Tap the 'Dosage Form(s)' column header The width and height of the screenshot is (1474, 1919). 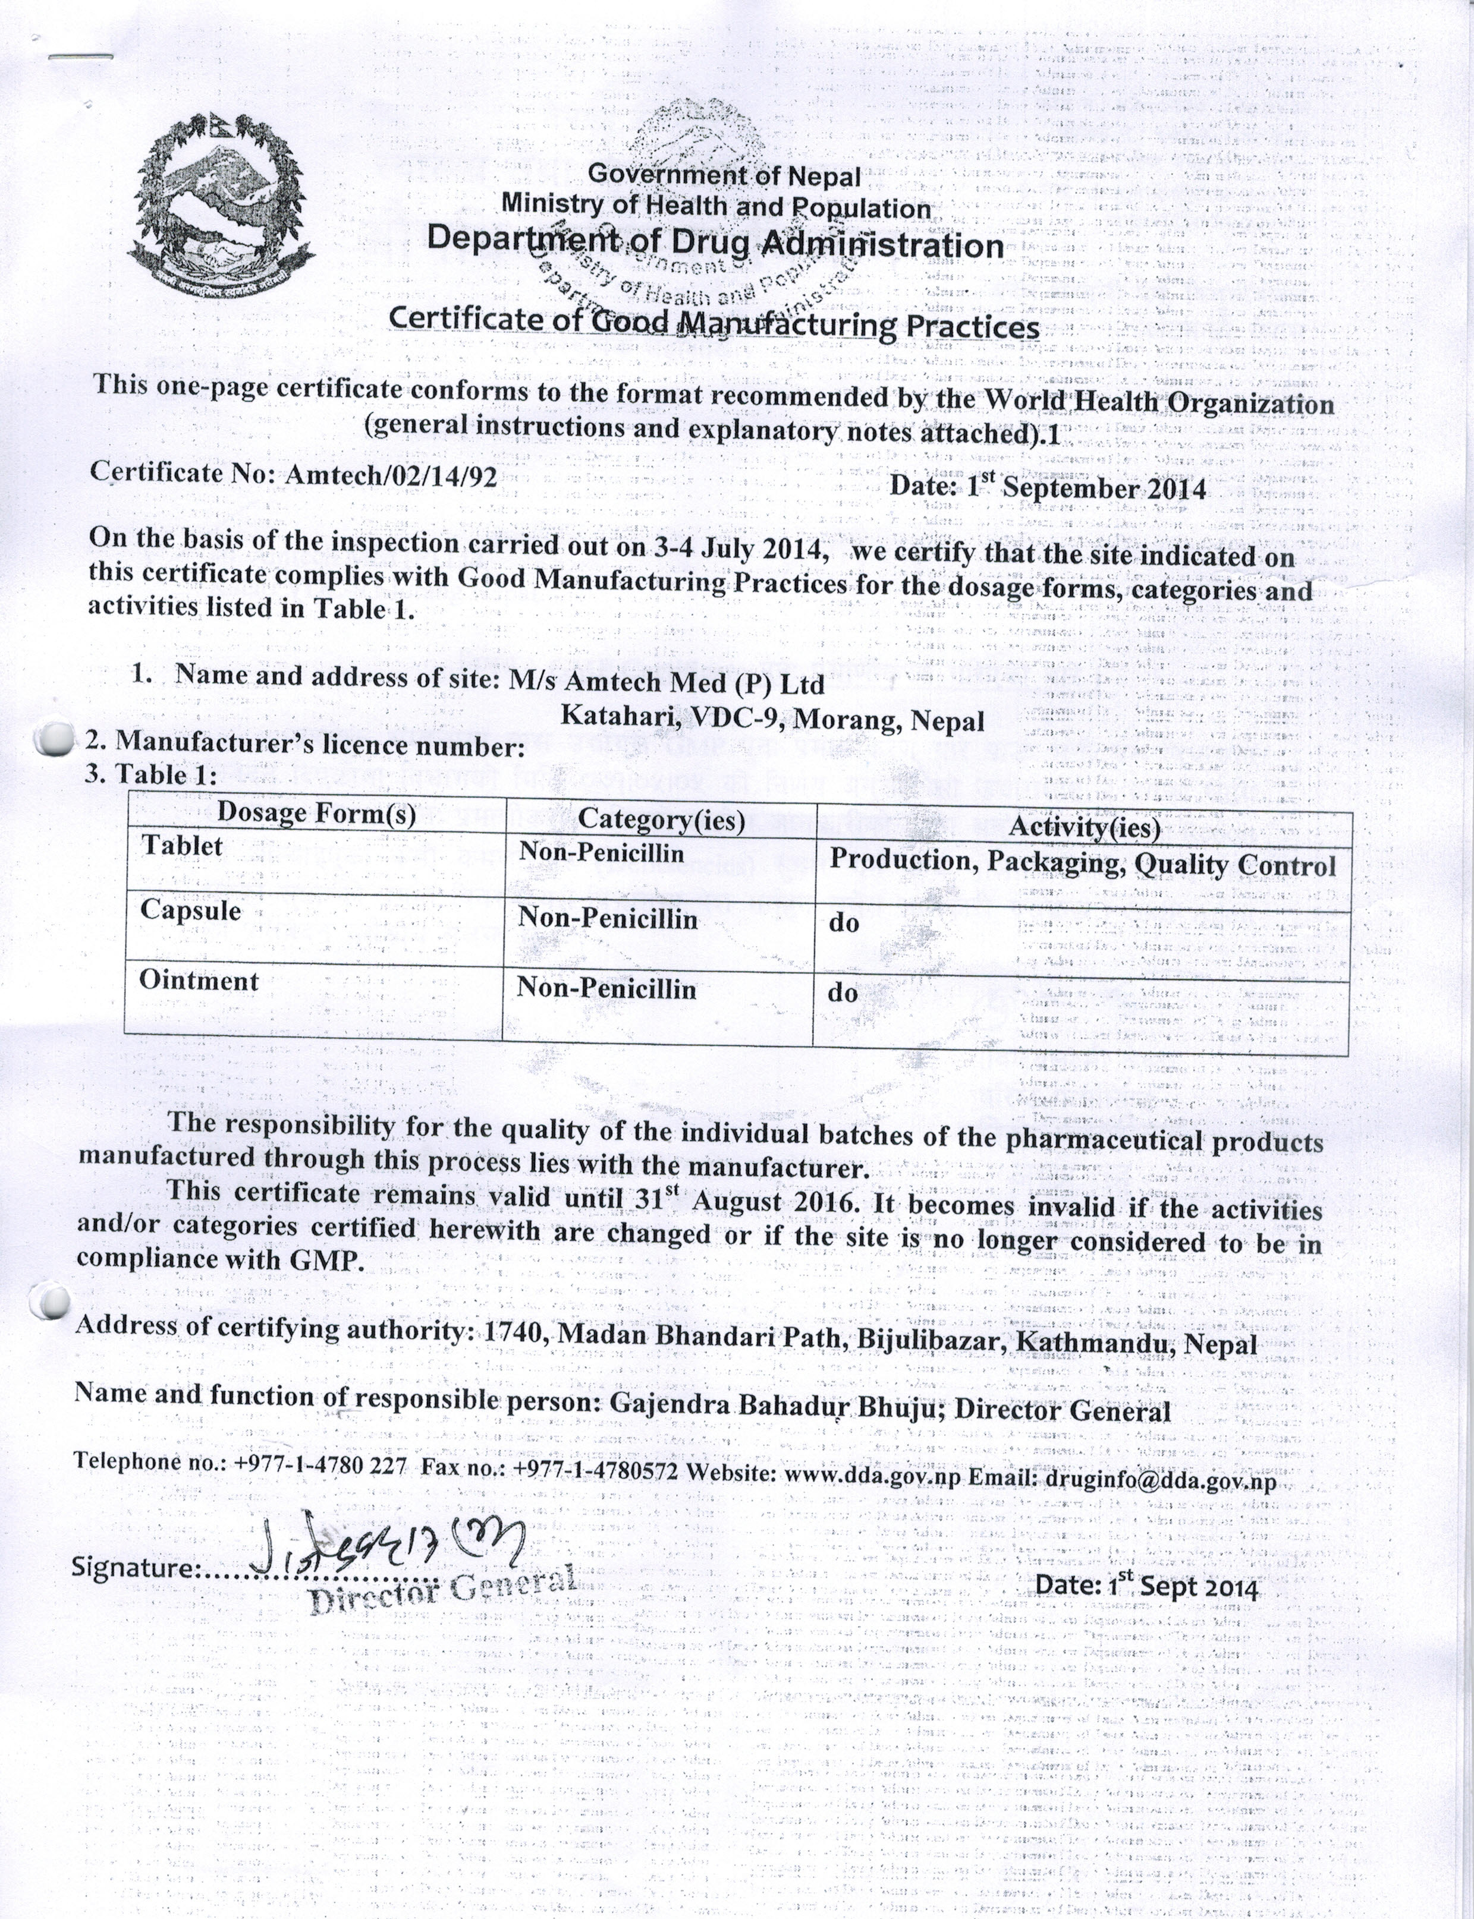316,813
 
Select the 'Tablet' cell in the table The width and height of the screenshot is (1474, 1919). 183,846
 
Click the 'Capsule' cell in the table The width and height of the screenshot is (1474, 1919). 190,910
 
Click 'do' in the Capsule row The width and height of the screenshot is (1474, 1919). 843,923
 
